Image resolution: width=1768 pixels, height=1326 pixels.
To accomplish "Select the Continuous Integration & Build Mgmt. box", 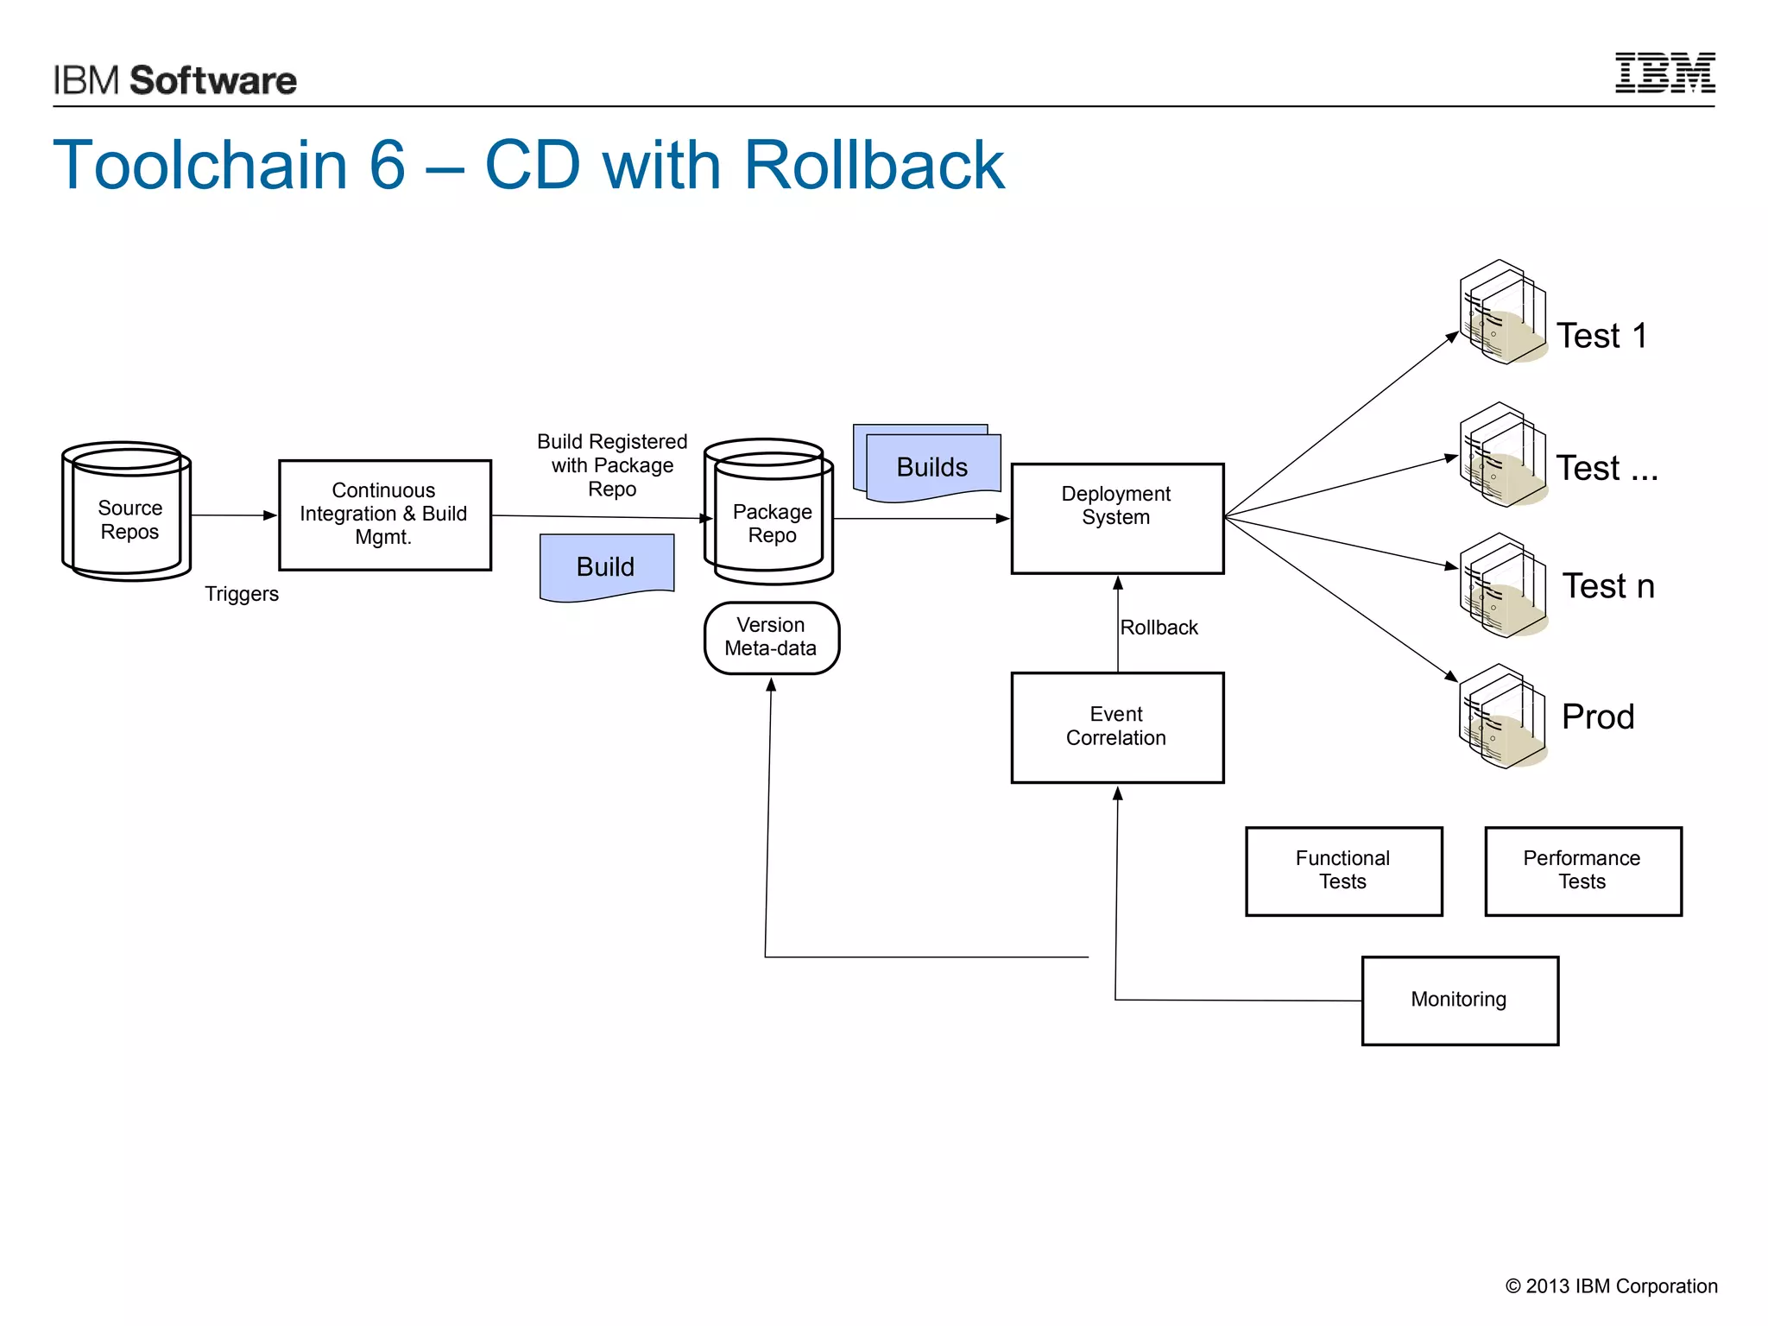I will [385, 515].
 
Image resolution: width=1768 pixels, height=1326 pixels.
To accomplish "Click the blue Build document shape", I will [606, 565].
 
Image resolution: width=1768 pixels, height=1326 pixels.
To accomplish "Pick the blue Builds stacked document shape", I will [930, 465].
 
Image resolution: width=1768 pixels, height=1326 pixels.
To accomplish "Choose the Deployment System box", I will [1117, 518].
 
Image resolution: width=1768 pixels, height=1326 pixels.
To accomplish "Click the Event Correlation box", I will [1117, 727].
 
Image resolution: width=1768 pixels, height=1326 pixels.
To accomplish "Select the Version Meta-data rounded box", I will [771, 637].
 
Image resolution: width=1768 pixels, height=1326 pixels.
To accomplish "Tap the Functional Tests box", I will [1343, 870].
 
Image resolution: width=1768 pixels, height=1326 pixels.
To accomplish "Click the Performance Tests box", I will [1582, 870].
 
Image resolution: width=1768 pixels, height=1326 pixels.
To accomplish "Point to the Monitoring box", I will [1459, 1000].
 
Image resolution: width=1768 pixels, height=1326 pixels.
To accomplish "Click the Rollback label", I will [1159, 628].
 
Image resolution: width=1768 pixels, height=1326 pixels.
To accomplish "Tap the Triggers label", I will [242, 594].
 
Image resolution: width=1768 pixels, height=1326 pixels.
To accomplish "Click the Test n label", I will [1608, 586].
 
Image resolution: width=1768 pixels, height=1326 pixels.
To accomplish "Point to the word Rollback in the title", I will [874, 165].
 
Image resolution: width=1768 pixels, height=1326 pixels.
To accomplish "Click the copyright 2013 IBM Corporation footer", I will [1611, 1286].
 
